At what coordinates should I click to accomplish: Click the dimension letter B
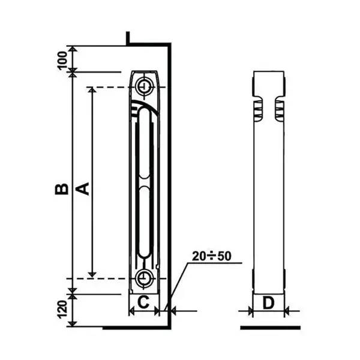point(62,189)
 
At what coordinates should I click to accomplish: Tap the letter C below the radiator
point(143,302)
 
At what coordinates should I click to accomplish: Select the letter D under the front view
point(268,303)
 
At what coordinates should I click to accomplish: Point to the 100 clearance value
point(62,61)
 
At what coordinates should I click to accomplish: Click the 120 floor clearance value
point(62,310)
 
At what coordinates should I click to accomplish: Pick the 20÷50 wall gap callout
point(211,256)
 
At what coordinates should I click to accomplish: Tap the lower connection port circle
point(144,278)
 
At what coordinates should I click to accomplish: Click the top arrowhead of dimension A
point(92,91)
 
